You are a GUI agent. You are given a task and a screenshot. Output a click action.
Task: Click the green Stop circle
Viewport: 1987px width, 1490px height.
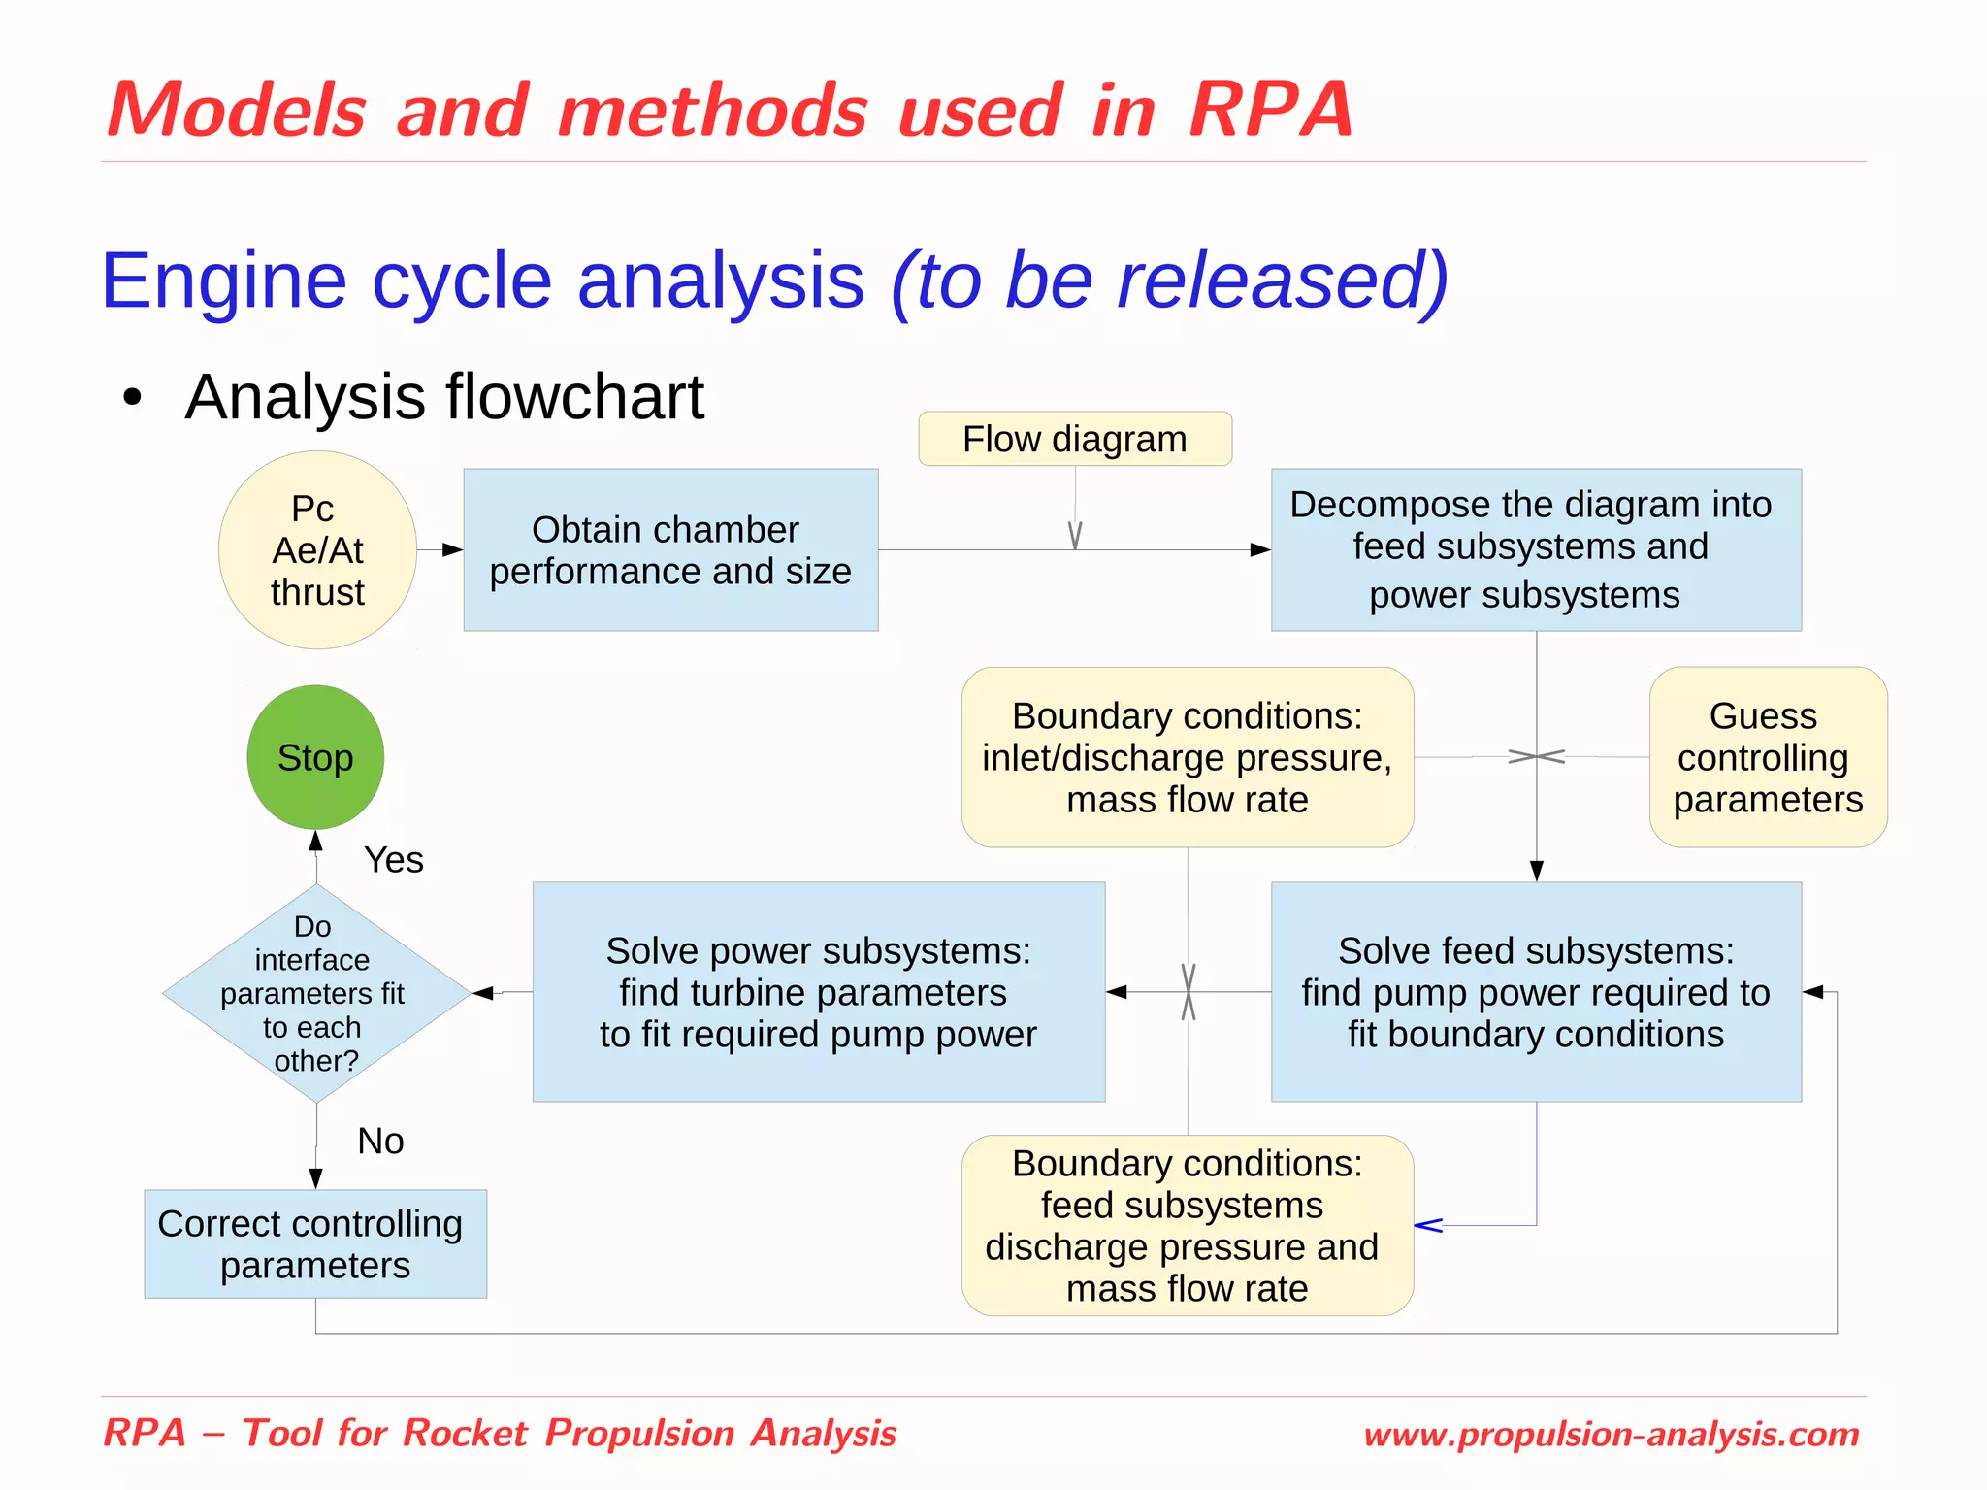click(x=315, y=757)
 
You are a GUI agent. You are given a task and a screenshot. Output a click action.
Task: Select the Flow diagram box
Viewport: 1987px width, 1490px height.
click(x=1075, y=439)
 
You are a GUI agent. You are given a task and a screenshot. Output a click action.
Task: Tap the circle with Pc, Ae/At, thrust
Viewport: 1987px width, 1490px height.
click(x=317, y=550)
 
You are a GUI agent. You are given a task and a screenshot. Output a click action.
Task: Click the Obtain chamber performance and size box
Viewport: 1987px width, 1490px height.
click(x=670, y=550)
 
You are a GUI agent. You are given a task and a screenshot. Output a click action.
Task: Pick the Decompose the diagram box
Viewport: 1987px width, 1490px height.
click(x=1536, y=550)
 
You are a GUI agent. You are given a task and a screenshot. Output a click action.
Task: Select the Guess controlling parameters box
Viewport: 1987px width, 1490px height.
click(x=1768, y=757)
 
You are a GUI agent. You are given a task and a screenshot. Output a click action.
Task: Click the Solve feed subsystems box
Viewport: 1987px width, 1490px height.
click(x=1536, y=992)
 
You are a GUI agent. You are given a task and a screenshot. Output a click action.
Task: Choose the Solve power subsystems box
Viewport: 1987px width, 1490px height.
click(x=818, y=992)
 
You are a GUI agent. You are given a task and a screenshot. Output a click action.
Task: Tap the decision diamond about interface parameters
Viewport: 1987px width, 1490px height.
click(x=315, y=993)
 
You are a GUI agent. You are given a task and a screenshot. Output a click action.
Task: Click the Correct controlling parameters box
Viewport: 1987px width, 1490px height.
click(x=314, y=1244)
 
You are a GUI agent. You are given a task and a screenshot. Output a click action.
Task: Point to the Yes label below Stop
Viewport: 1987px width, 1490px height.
click(x=393, y=860)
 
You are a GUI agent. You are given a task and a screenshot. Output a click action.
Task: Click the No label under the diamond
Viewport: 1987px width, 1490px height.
click(x=380, y=1142)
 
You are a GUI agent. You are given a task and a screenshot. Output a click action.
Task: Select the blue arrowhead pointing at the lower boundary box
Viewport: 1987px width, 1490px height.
click(x=1427, y=1226)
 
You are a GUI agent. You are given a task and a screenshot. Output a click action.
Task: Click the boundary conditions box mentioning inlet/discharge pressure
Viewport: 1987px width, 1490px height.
click(x=1187, y=757)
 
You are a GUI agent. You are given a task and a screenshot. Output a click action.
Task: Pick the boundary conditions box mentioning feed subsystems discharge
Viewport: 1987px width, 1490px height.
click(x=1187, y=1226)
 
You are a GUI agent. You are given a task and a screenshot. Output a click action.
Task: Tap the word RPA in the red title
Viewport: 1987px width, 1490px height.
click(x=1271, y=110)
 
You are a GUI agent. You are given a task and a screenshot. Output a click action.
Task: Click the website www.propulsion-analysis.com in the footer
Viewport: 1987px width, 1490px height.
click(x=1611, y=1435)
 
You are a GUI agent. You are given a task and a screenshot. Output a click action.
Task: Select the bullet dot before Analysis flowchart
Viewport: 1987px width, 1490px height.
click(x=133, y=397)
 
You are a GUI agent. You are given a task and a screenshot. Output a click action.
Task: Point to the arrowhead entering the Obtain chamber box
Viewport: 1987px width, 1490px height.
click(x=453, y=550)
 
